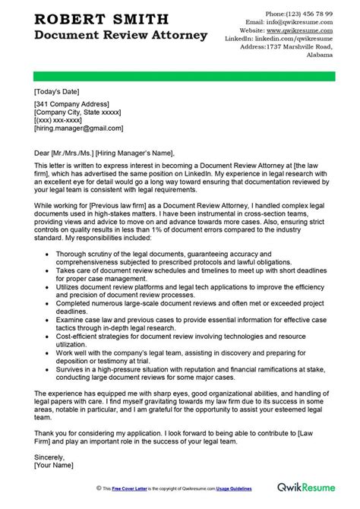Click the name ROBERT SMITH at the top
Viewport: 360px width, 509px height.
85,18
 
